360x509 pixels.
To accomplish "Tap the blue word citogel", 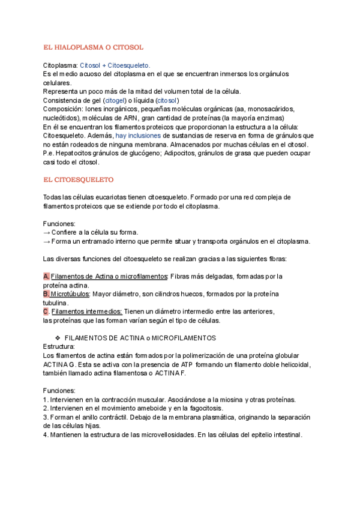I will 114,100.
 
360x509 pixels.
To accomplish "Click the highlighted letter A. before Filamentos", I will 47,276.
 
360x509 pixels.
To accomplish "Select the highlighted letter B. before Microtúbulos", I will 47,294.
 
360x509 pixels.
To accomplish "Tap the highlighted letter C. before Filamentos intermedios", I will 47,312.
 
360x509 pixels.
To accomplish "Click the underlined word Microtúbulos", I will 70,294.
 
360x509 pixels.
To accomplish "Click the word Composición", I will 62,109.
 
